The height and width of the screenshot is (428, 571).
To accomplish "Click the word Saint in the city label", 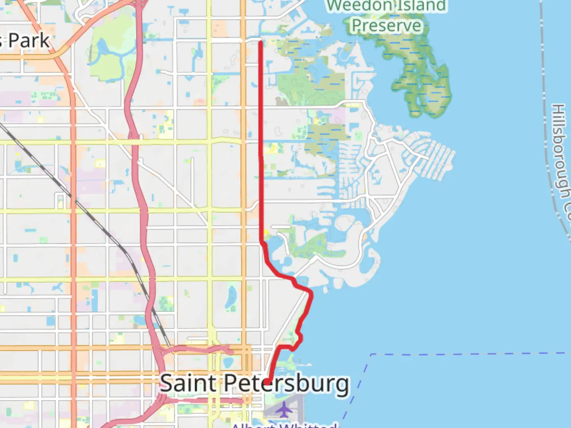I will coord(189,383).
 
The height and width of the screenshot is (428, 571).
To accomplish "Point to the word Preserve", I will coord(387,26).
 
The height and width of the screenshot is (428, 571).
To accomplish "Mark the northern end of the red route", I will coord(261,42).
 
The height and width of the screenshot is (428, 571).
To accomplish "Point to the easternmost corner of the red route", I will coord(311,293).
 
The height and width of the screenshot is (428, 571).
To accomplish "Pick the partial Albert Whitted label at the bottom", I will coord(284,425).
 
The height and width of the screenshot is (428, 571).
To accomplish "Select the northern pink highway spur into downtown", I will coord(198,349).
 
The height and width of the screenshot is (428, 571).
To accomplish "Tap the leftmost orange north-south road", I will coord(73,238).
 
